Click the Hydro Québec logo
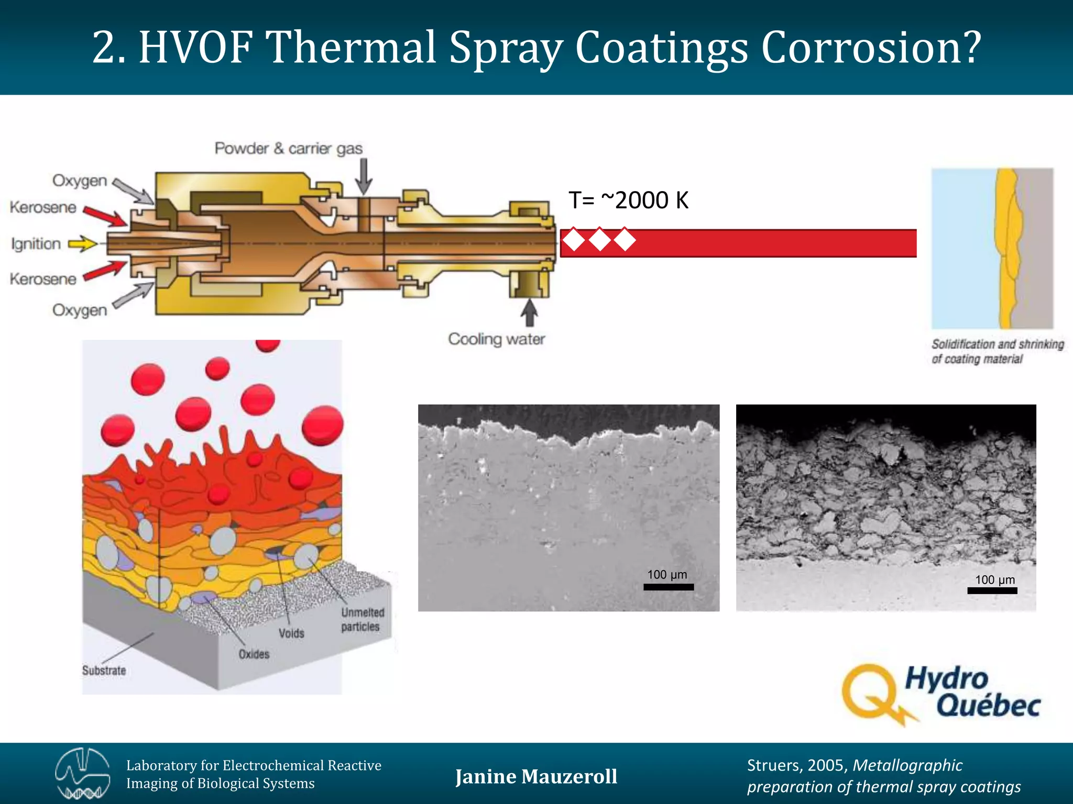(940, 694)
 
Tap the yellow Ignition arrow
(83, 243)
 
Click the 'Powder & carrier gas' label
(288, 149)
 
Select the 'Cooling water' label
(496, 339)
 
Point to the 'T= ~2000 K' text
(628, 200)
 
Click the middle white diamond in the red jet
(600, 240)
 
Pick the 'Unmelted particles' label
(363, 619)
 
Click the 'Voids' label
(291, 633)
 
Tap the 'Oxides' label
(254, 654)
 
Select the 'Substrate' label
(104, 671)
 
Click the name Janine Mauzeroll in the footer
(536, 776)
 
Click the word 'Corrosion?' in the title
(870, 48)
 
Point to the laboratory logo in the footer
(82, 774)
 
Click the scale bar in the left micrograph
(668, 587)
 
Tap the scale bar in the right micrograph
(992, 590)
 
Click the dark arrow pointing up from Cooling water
(529, 312)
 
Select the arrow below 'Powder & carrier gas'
(363, 176)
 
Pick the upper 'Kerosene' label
(43, 207)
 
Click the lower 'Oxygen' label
(80, 310)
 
